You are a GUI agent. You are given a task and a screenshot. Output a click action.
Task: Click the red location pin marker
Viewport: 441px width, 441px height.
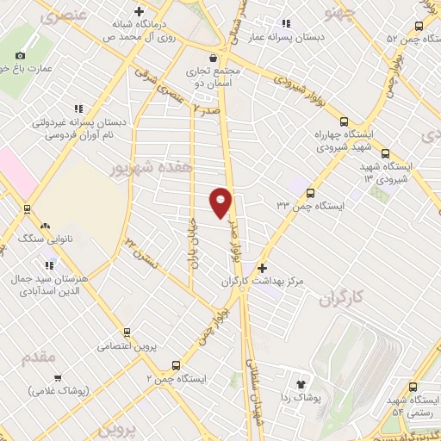(x=220, y=202)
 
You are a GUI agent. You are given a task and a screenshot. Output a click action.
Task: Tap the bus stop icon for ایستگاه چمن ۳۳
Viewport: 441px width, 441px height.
(x=310, y=194)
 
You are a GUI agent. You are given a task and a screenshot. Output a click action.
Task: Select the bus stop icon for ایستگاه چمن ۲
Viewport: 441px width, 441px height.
(x=177, y=364)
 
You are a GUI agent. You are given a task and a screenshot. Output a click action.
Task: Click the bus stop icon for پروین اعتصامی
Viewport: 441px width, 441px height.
(x=127, y=332)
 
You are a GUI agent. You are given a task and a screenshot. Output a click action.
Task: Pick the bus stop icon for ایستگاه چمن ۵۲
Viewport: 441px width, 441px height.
(x=419, y=25)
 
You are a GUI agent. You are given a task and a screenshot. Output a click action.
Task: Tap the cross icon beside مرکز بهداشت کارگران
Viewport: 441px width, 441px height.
(x=262, y=269)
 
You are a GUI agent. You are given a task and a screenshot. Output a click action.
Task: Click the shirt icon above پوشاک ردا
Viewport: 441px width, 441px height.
(x=301, y=384)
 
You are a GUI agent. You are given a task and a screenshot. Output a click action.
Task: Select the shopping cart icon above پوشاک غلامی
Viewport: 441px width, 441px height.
(x=58, y=377)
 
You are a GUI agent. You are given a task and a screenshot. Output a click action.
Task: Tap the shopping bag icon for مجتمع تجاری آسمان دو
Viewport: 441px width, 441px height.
(x=200, y=56)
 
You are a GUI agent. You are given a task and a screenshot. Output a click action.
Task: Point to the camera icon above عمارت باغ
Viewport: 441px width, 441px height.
(x=21, y=55)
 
